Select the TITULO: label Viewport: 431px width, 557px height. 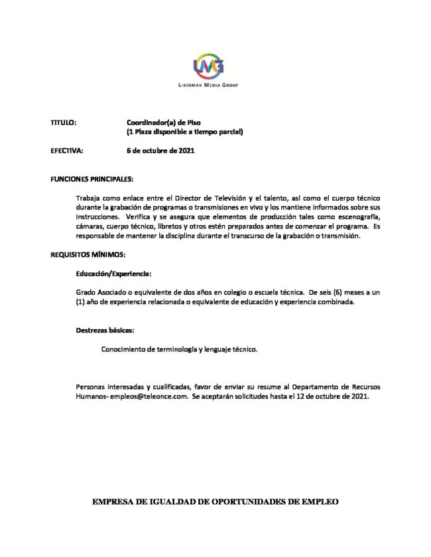point(64,123)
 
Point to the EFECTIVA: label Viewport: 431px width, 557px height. point(67,151)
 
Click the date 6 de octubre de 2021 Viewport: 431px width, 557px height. point(160,151)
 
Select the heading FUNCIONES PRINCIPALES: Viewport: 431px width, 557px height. point(92,179)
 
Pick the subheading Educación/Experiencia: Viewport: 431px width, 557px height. point(113,273)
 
